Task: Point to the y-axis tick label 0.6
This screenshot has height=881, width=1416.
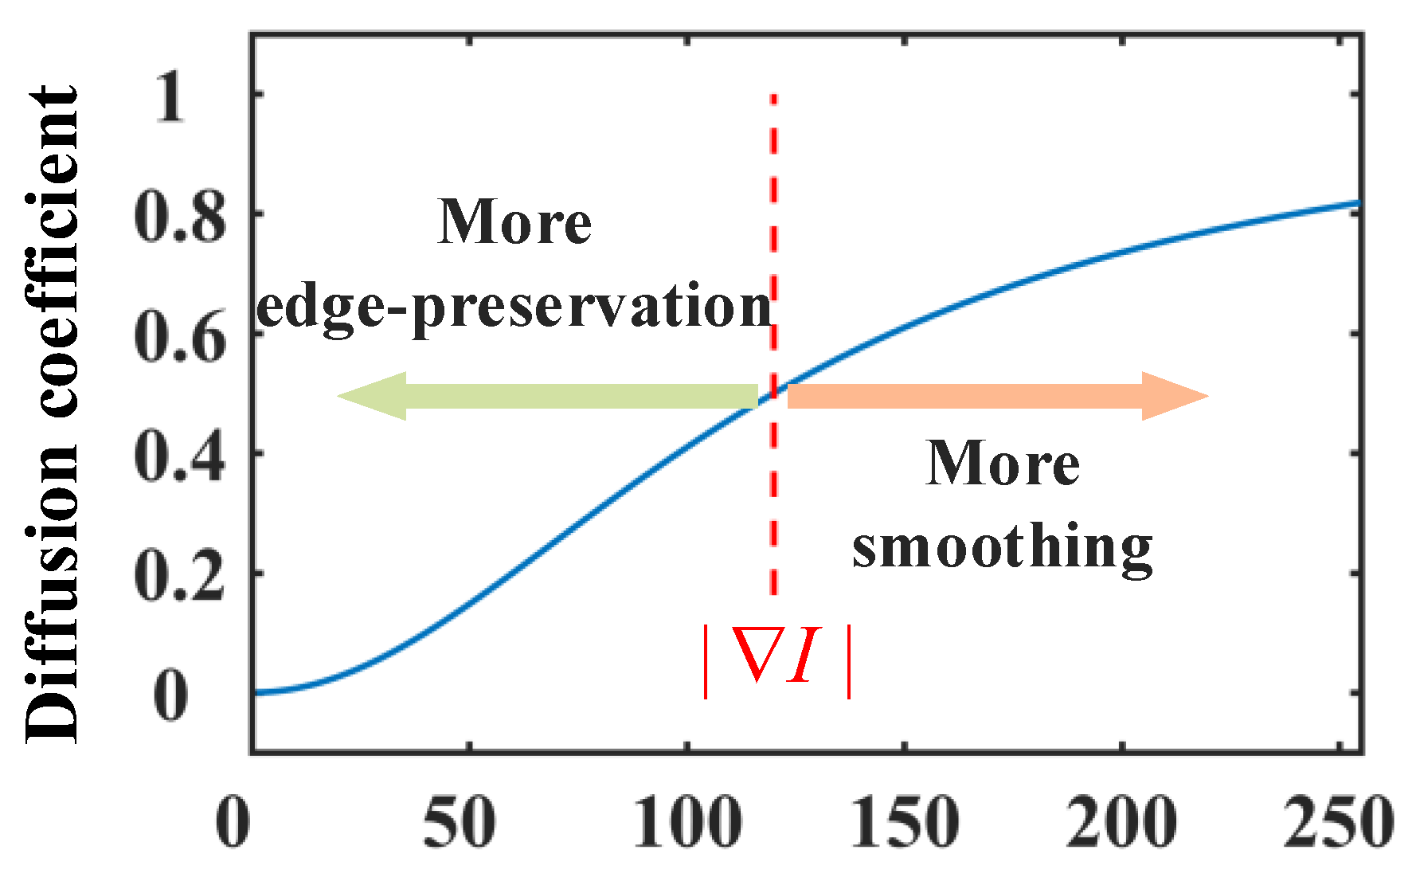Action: click(180, 338)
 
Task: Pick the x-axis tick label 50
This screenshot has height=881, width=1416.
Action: click(460, 822)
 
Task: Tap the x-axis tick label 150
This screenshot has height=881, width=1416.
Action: click(906, 822)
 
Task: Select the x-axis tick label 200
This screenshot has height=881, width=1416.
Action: click(1122, 822)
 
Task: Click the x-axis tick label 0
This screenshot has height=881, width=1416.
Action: click(233, 822)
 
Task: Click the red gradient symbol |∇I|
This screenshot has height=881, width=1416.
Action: click(777, 660)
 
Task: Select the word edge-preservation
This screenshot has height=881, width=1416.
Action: click(514, 307)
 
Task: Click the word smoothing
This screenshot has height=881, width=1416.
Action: click(1002, 548)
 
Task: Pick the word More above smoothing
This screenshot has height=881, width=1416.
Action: click(1003, 464)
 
